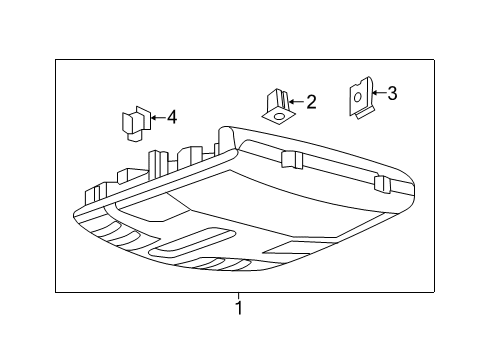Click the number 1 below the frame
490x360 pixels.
[x=239, y=309]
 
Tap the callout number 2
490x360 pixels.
[x=311, y=101]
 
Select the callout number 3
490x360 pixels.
[x=392, y=94]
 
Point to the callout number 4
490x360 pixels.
[x=171, y=118]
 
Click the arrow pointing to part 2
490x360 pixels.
[x=295, y=101]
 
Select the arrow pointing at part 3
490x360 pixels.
[x=375, y=94]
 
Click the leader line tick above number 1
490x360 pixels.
[x=239, y=296]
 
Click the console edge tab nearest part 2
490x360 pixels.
[x=293, y=159]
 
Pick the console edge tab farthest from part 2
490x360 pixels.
[x=380, y=183]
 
